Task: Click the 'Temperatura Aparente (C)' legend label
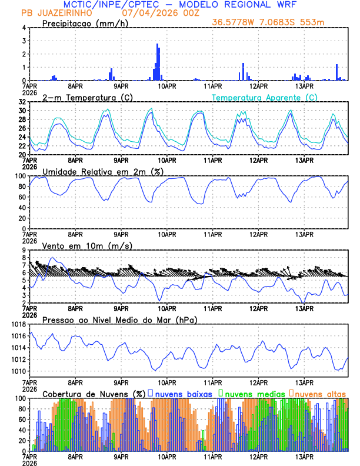tap(265, 97)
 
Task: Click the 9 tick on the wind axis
tap(24, 250)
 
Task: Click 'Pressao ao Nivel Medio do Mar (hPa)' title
tap(119, 319)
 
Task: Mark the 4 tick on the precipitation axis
tap(24, 28)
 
